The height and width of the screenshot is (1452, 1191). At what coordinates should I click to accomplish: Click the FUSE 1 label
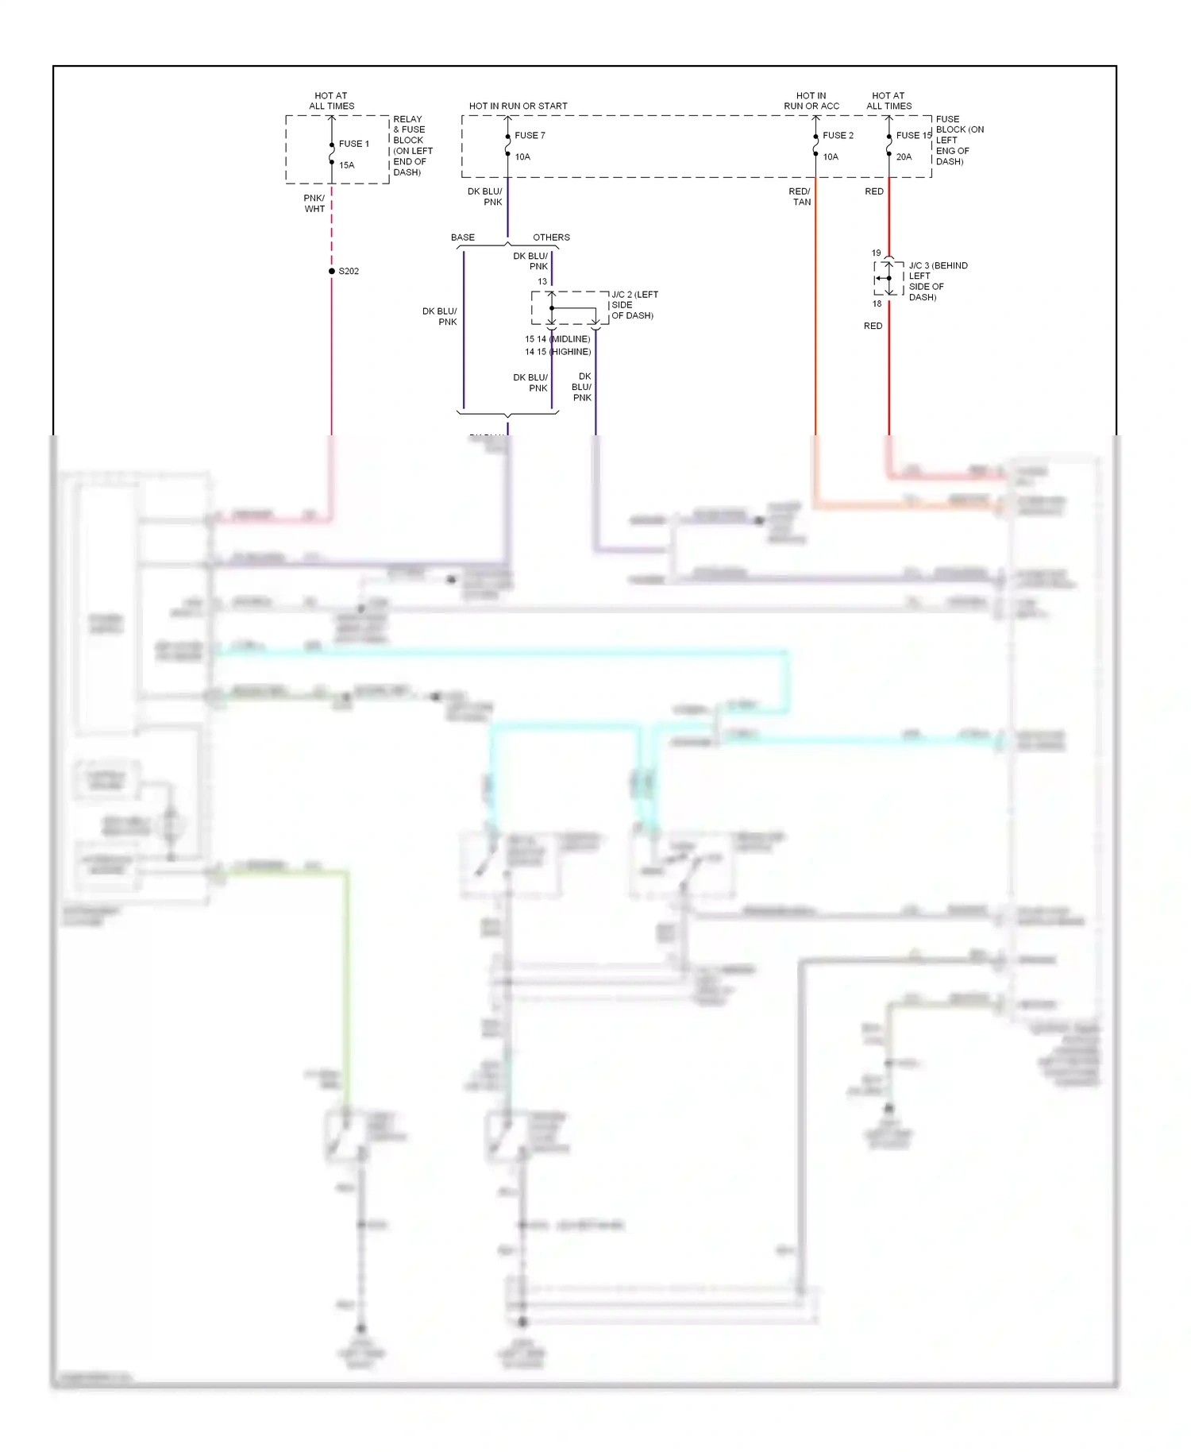tap(353, 144)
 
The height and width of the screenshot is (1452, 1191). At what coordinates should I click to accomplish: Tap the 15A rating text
tap(347, 165)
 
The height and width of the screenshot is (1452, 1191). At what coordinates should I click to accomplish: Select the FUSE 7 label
tap(530, 136)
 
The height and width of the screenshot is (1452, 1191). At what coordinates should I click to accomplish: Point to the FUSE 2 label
tap(838, 136)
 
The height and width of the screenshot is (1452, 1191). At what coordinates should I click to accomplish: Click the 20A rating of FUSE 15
tap(904, 157)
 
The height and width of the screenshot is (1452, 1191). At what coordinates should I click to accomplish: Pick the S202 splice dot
tap(332, 272)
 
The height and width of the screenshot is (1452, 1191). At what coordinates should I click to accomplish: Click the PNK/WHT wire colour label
tap(314, 204)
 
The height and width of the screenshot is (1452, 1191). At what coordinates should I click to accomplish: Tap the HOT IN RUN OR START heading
tap(518, 106)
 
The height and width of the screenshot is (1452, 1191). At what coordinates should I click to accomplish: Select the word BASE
tap(463, 237)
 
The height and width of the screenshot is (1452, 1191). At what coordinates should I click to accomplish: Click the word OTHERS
tap(551, 237)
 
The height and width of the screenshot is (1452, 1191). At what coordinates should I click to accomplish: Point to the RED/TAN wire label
tap(800, 197)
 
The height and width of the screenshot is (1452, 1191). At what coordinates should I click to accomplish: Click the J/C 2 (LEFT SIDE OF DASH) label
tap(634, 305)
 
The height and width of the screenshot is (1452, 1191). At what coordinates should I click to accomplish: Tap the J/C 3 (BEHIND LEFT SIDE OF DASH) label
tap(937, 281)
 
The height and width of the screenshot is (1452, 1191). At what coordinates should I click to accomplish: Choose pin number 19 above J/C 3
tap(876, 253)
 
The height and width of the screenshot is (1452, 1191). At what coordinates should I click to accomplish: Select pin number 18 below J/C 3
tap(877, 304)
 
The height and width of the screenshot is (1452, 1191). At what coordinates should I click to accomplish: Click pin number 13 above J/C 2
tap(542, 282)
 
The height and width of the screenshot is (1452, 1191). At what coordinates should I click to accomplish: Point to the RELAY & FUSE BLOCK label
tap(412, 145)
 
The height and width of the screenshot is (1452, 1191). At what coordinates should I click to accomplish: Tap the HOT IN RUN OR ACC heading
tap(811, 101)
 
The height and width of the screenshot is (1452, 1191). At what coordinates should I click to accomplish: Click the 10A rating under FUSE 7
tap(522, 157)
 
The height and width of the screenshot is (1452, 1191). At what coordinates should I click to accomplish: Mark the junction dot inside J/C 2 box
tap(552, 308)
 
